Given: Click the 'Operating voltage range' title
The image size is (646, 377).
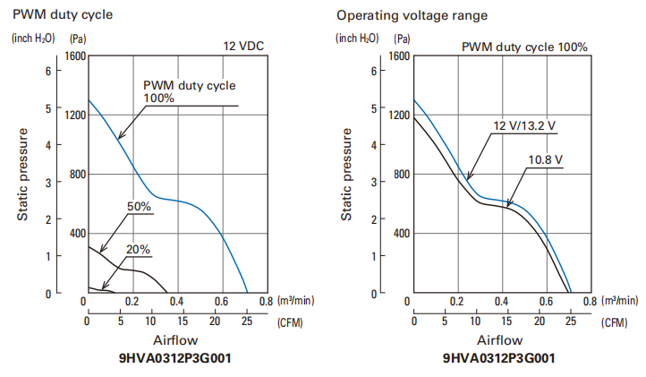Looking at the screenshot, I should click(400, 15).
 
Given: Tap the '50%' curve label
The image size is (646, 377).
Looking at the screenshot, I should click(138, 206).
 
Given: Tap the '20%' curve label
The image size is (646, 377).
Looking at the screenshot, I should click(138, 249).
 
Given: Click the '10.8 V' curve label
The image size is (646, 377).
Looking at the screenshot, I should click(545, 159).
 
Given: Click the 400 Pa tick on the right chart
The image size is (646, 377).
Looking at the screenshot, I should click(398, 233).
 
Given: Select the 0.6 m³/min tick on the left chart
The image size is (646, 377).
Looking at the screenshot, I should click(220, 302).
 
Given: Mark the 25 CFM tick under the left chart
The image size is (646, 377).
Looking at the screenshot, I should click(246, 321).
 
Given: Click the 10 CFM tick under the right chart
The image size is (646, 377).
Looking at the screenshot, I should click(475, 321).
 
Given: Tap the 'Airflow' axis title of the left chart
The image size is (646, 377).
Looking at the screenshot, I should click(175, 340).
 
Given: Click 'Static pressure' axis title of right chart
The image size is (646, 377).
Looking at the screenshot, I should click(347, 175).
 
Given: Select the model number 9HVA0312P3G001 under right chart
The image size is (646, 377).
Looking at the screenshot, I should click(499, 359).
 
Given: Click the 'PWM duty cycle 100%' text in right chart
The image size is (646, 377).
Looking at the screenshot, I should click(524, 47).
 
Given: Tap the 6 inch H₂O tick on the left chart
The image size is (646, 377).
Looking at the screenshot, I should click(47, 70).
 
